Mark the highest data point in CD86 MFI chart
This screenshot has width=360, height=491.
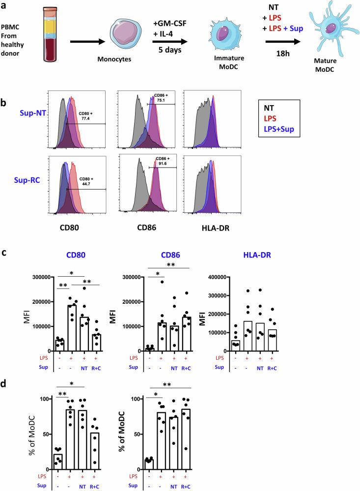162,282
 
